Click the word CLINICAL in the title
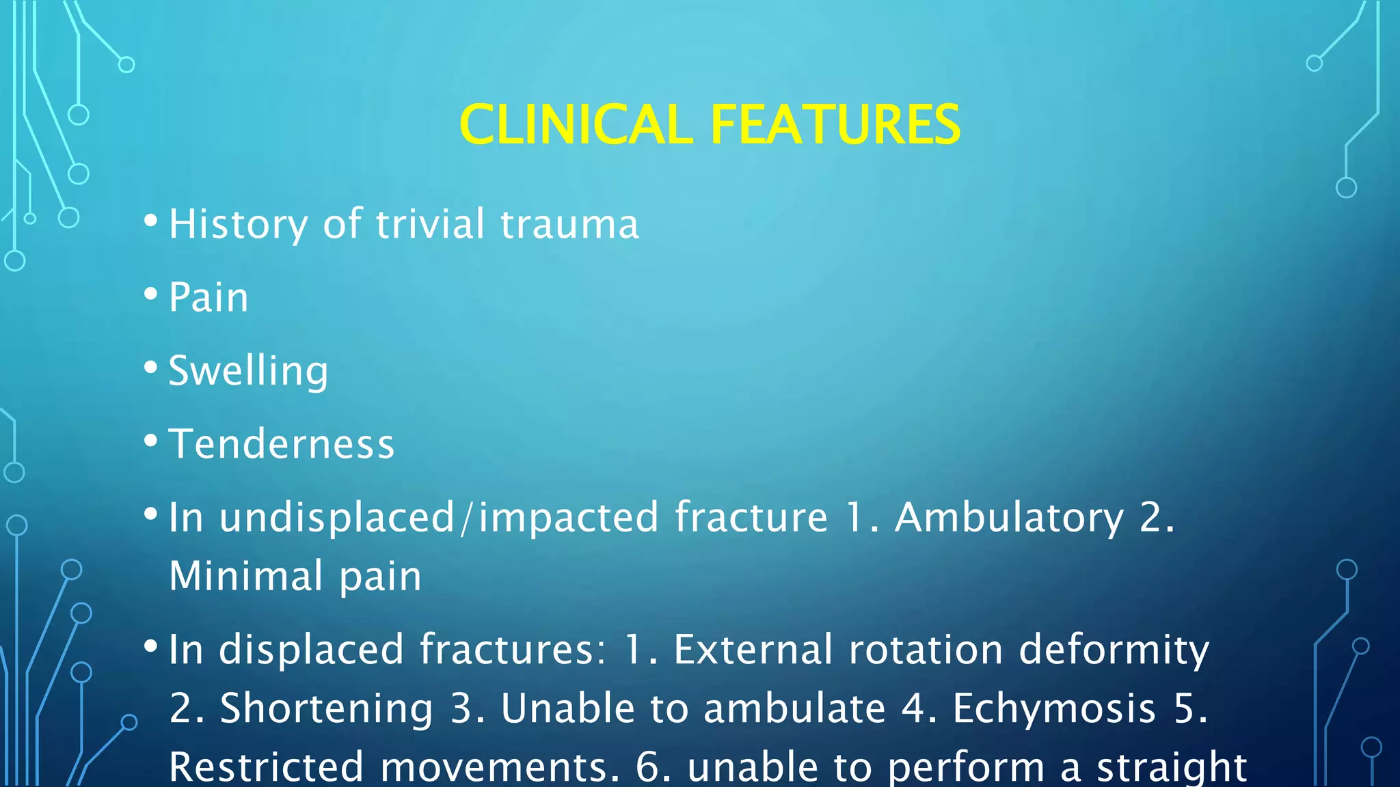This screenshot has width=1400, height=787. (x=576, y=125)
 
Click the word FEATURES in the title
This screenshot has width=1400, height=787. (x=835, y=125)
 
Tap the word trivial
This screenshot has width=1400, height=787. (x=430, y=224)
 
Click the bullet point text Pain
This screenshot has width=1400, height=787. (x=208, y=298)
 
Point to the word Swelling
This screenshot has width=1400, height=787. (x=248, y=372)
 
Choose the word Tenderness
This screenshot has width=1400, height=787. (x=282, y=445)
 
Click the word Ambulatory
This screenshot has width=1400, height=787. (x=1009, y=518)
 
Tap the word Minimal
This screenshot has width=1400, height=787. (x=245, y=576)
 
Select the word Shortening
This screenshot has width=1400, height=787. (x=326, y=708)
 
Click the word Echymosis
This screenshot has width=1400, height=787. (x=1054, y=708)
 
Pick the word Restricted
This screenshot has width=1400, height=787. (x=266, y=767)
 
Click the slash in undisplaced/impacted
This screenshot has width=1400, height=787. (x=466, y=518)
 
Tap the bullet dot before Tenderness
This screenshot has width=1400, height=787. (x=151, y=441)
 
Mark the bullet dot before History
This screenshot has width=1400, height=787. (x=151, y=221)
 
